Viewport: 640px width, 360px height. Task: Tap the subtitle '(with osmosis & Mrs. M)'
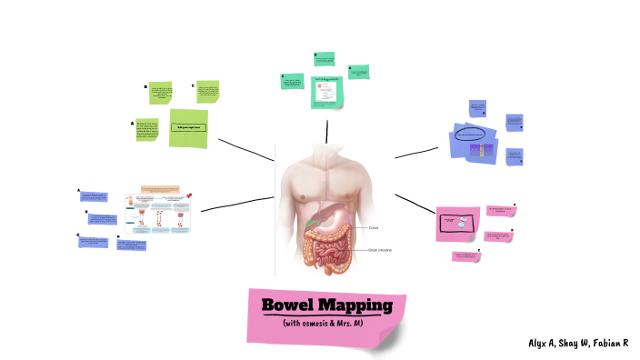coord(323,323)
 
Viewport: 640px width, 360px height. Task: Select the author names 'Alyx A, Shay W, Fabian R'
coord(577,343)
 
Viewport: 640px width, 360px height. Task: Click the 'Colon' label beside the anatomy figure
coord(374,227)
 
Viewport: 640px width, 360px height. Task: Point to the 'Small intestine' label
coord(379,249)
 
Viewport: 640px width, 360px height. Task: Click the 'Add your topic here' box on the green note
coord(188,128)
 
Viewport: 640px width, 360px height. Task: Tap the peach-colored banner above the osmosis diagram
coord(159,190)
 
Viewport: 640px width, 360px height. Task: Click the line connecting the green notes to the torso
coord(245,150)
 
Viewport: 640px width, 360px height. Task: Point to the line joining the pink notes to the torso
coord(415,203)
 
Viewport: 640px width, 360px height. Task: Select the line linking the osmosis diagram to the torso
coord(236,204)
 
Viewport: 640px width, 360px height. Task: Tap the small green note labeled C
coord(207,92)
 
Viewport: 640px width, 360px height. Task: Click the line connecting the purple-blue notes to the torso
coord(416,152)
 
